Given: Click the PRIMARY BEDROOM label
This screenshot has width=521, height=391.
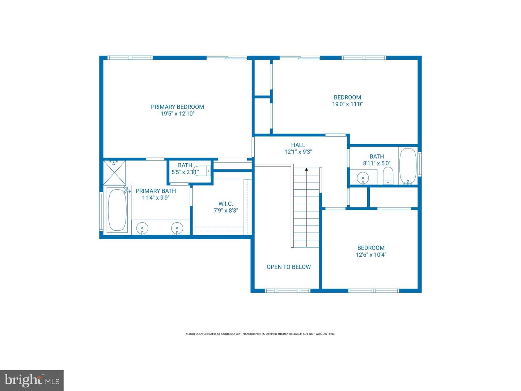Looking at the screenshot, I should [177, 107].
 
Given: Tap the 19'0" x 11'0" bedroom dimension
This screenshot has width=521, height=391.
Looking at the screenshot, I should [347, 104].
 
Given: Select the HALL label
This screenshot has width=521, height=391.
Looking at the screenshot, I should [298, 145].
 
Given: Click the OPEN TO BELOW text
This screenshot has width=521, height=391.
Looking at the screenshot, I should [288, 267].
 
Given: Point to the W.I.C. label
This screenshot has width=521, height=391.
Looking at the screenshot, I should [225, 204].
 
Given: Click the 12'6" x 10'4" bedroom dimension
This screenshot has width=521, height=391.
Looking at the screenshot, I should [371, 255].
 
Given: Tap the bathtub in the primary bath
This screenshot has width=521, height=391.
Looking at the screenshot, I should [117, 210].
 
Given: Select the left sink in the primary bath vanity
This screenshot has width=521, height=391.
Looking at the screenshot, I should [142, 228].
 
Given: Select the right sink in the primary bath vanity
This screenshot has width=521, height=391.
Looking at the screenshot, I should [177, 228].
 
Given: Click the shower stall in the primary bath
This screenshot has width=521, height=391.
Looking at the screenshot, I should [115, 172].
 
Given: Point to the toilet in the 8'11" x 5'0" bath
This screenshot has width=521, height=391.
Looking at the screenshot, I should [388, 176].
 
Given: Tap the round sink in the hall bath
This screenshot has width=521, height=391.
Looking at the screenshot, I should [363, 178].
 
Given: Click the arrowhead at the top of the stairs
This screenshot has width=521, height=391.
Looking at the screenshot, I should [306, 169].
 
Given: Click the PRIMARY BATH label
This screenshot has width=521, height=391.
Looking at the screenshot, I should [156, 191].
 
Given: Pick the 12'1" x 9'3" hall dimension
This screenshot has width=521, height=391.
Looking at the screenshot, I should [298, 152].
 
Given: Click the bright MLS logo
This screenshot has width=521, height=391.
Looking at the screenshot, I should [32, 380].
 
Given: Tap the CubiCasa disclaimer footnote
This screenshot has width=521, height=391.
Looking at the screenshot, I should [260, 334].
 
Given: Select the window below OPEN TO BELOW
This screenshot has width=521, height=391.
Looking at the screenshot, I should [288, 291].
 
